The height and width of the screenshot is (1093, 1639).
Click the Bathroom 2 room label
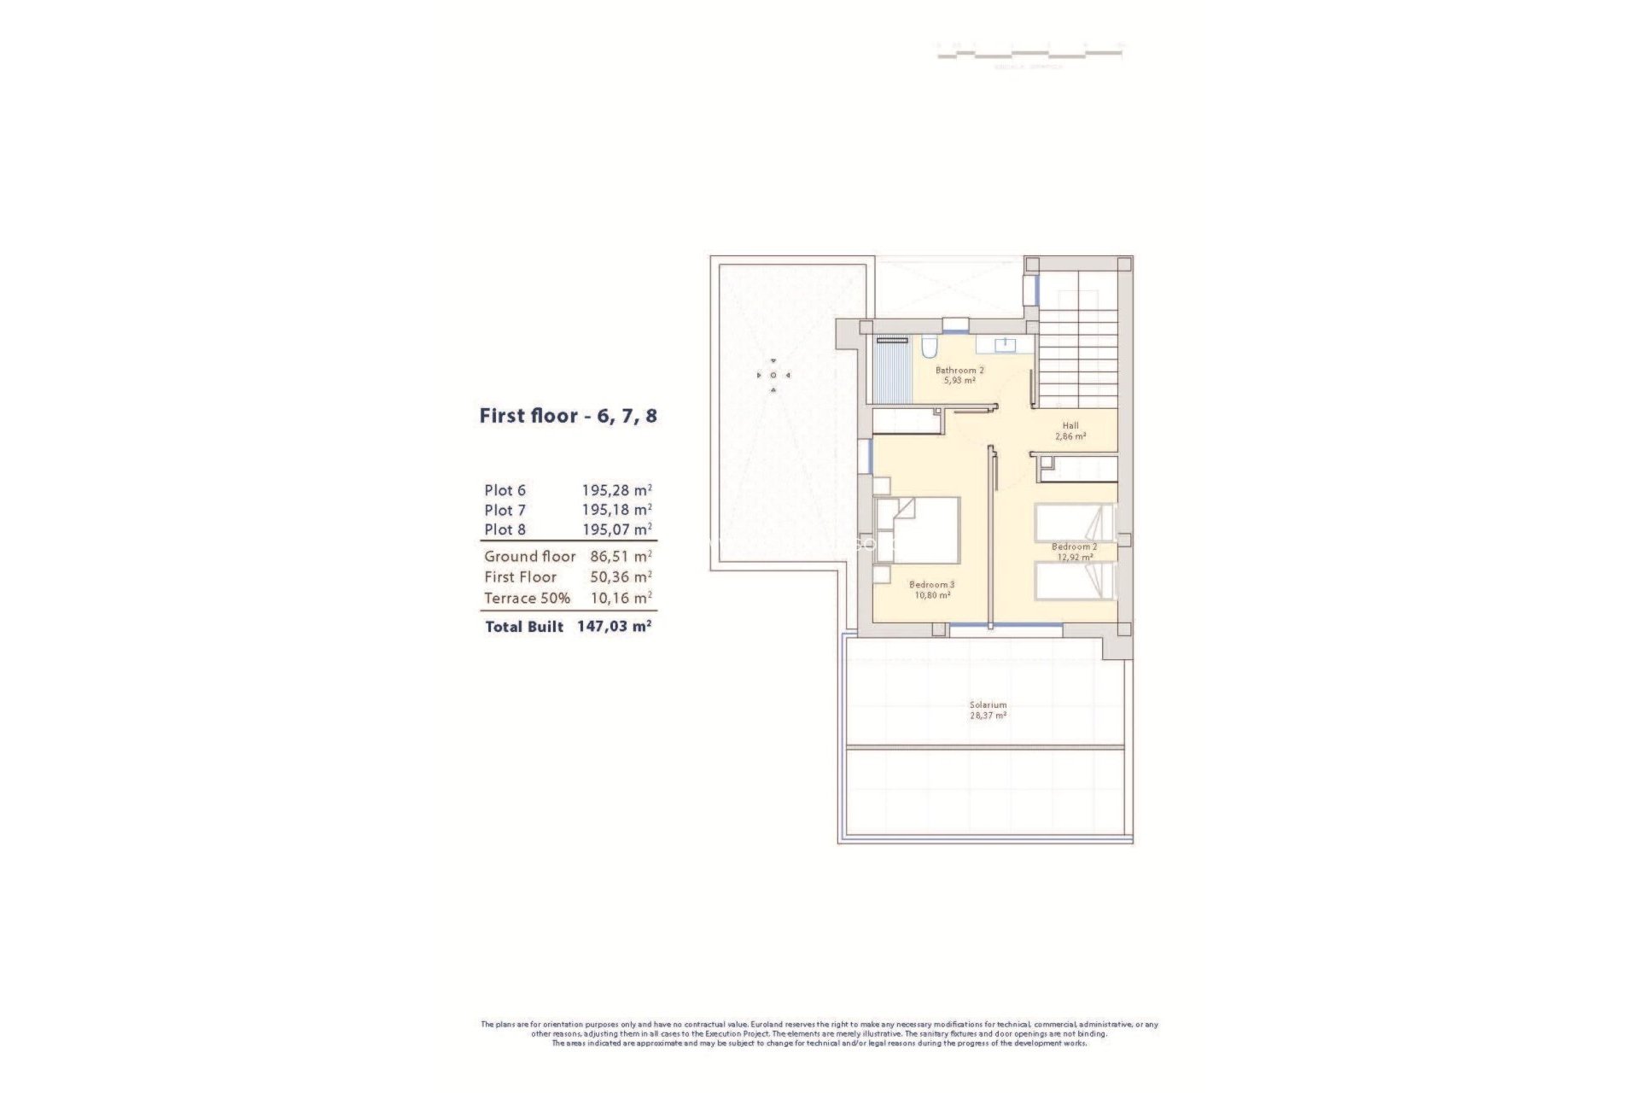tap(959, 371)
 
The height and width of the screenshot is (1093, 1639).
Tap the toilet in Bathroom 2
tap(929, 347)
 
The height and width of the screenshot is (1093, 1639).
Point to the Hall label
tap(1070, 425)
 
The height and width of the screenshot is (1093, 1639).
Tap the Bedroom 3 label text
tap(931, 585)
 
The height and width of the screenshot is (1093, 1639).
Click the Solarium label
tap(988, 705)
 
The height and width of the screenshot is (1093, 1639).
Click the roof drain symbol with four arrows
tap(773, 375)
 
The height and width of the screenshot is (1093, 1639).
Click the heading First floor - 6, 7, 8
tap(568, 417)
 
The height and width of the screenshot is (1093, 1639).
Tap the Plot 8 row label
tap(505, 529)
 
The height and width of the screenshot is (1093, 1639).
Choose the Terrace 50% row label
tap(527, 598)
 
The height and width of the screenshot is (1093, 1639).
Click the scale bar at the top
tap(1029, 53)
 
